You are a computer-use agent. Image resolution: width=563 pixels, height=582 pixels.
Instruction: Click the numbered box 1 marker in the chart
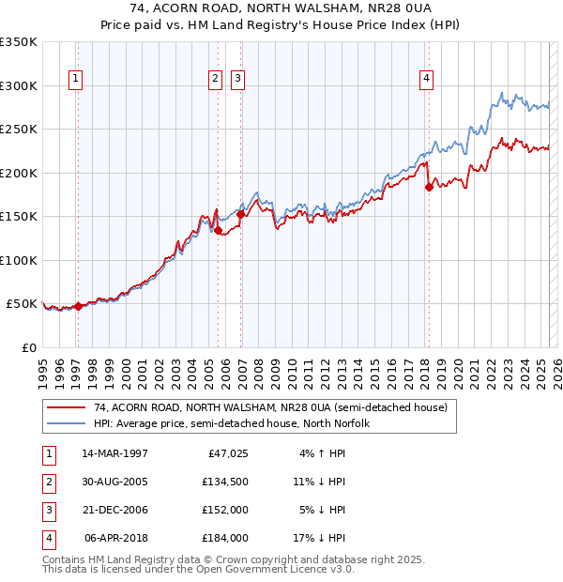(75, 79)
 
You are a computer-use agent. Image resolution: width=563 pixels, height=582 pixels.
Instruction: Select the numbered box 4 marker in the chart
(426, 79)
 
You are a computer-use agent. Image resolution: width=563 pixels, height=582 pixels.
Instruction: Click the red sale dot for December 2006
(240, 214)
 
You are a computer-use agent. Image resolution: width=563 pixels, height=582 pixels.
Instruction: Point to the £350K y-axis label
(19, 42)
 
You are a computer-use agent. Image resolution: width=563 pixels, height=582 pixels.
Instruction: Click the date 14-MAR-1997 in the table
(114, 453)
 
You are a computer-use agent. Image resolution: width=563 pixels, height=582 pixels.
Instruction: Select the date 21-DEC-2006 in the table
(114, 510)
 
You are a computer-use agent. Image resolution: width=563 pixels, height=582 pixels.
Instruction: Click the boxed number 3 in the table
(47, 510)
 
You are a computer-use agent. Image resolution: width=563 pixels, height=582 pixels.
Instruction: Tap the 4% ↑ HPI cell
(324, 453)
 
